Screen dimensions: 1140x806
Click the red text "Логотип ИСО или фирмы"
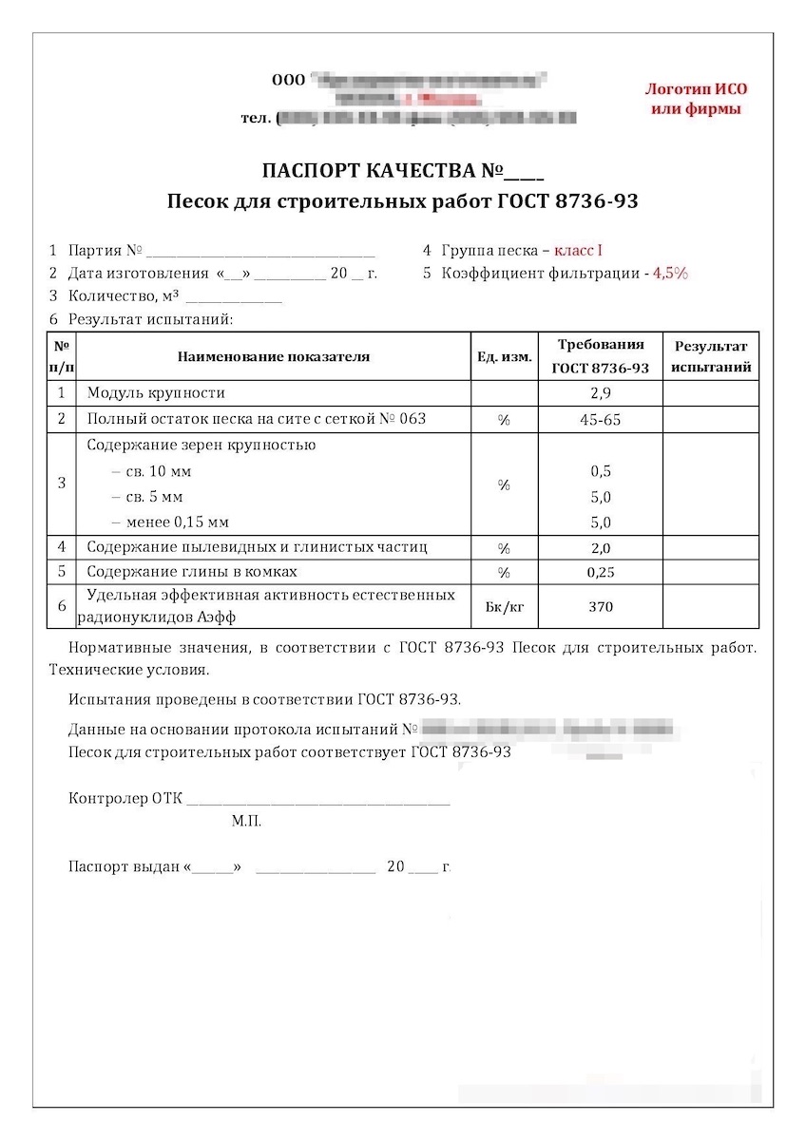point(696,99)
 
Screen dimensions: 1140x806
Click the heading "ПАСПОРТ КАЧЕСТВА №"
point(402,172)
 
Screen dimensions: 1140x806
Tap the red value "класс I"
point(578,251)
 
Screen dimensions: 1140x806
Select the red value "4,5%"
point(670,274)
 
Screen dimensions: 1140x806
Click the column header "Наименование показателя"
point(274,357)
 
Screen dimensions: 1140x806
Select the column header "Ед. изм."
point(504,357)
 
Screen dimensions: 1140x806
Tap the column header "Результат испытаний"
point(711,356)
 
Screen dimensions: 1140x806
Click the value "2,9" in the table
point(601,393)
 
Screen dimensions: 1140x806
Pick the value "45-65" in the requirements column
point(601,420)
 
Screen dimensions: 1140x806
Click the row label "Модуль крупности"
point(156,392)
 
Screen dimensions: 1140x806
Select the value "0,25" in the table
point(601,573)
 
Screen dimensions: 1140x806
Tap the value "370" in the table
point(601,607)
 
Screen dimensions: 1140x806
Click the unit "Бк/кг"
point(504,607)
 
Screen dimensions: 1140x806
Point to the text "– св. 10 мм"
point(152,471)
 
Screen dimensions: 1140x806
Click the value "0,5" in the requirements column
point(601,471)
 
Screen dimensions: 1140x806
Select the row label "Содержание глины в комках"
point(192,572)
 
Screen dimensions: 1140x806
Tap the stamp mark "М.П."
point(246,821)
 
